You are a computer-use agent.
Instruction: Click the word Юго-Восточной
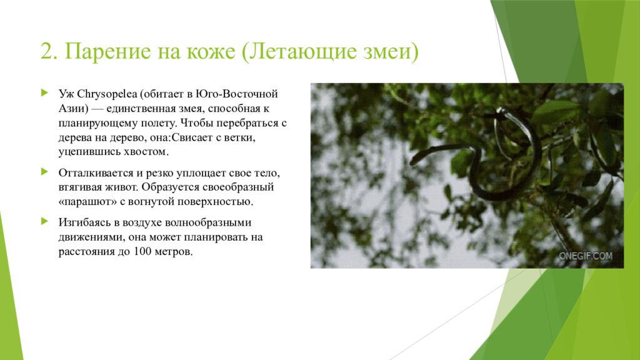point(241,94)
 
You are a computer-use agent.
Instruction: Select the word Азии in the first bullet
point(71,108)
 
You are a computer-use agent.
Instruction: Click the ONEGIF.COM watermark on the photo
point(586,256)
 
